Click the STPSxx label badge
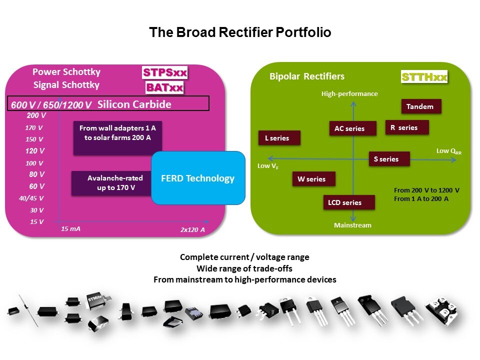pyautogui.click(x=164, y=73)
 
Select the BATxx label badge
pyautogui.click(x=164, y=88)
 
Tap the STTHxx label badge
pyautogui.click(x=424, y=77)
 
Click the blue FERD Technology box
pyautogui.click(x=198, y=178)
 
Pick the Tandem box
pyautogui.click(x=421, y=106)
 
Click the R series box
pyautogui.click(x=407, y=127)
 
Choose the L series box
pyautogui.click(x=279, y=138)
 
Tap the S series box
pyautogui.click(x=389, y=159)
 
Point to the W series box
pyautogui.click(x=313, y=179)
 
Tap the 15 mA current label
pyautogui.click(x=70, y=228)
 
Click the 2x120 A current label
pyautogui.click(x=192, y=230)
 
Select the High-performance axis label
pyautogui.click(x=349, y=93)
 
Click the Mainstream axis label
pyautogui.click(x=352, y=225)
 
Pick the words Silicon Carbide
pyautogui.click(x=134, y=104)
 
